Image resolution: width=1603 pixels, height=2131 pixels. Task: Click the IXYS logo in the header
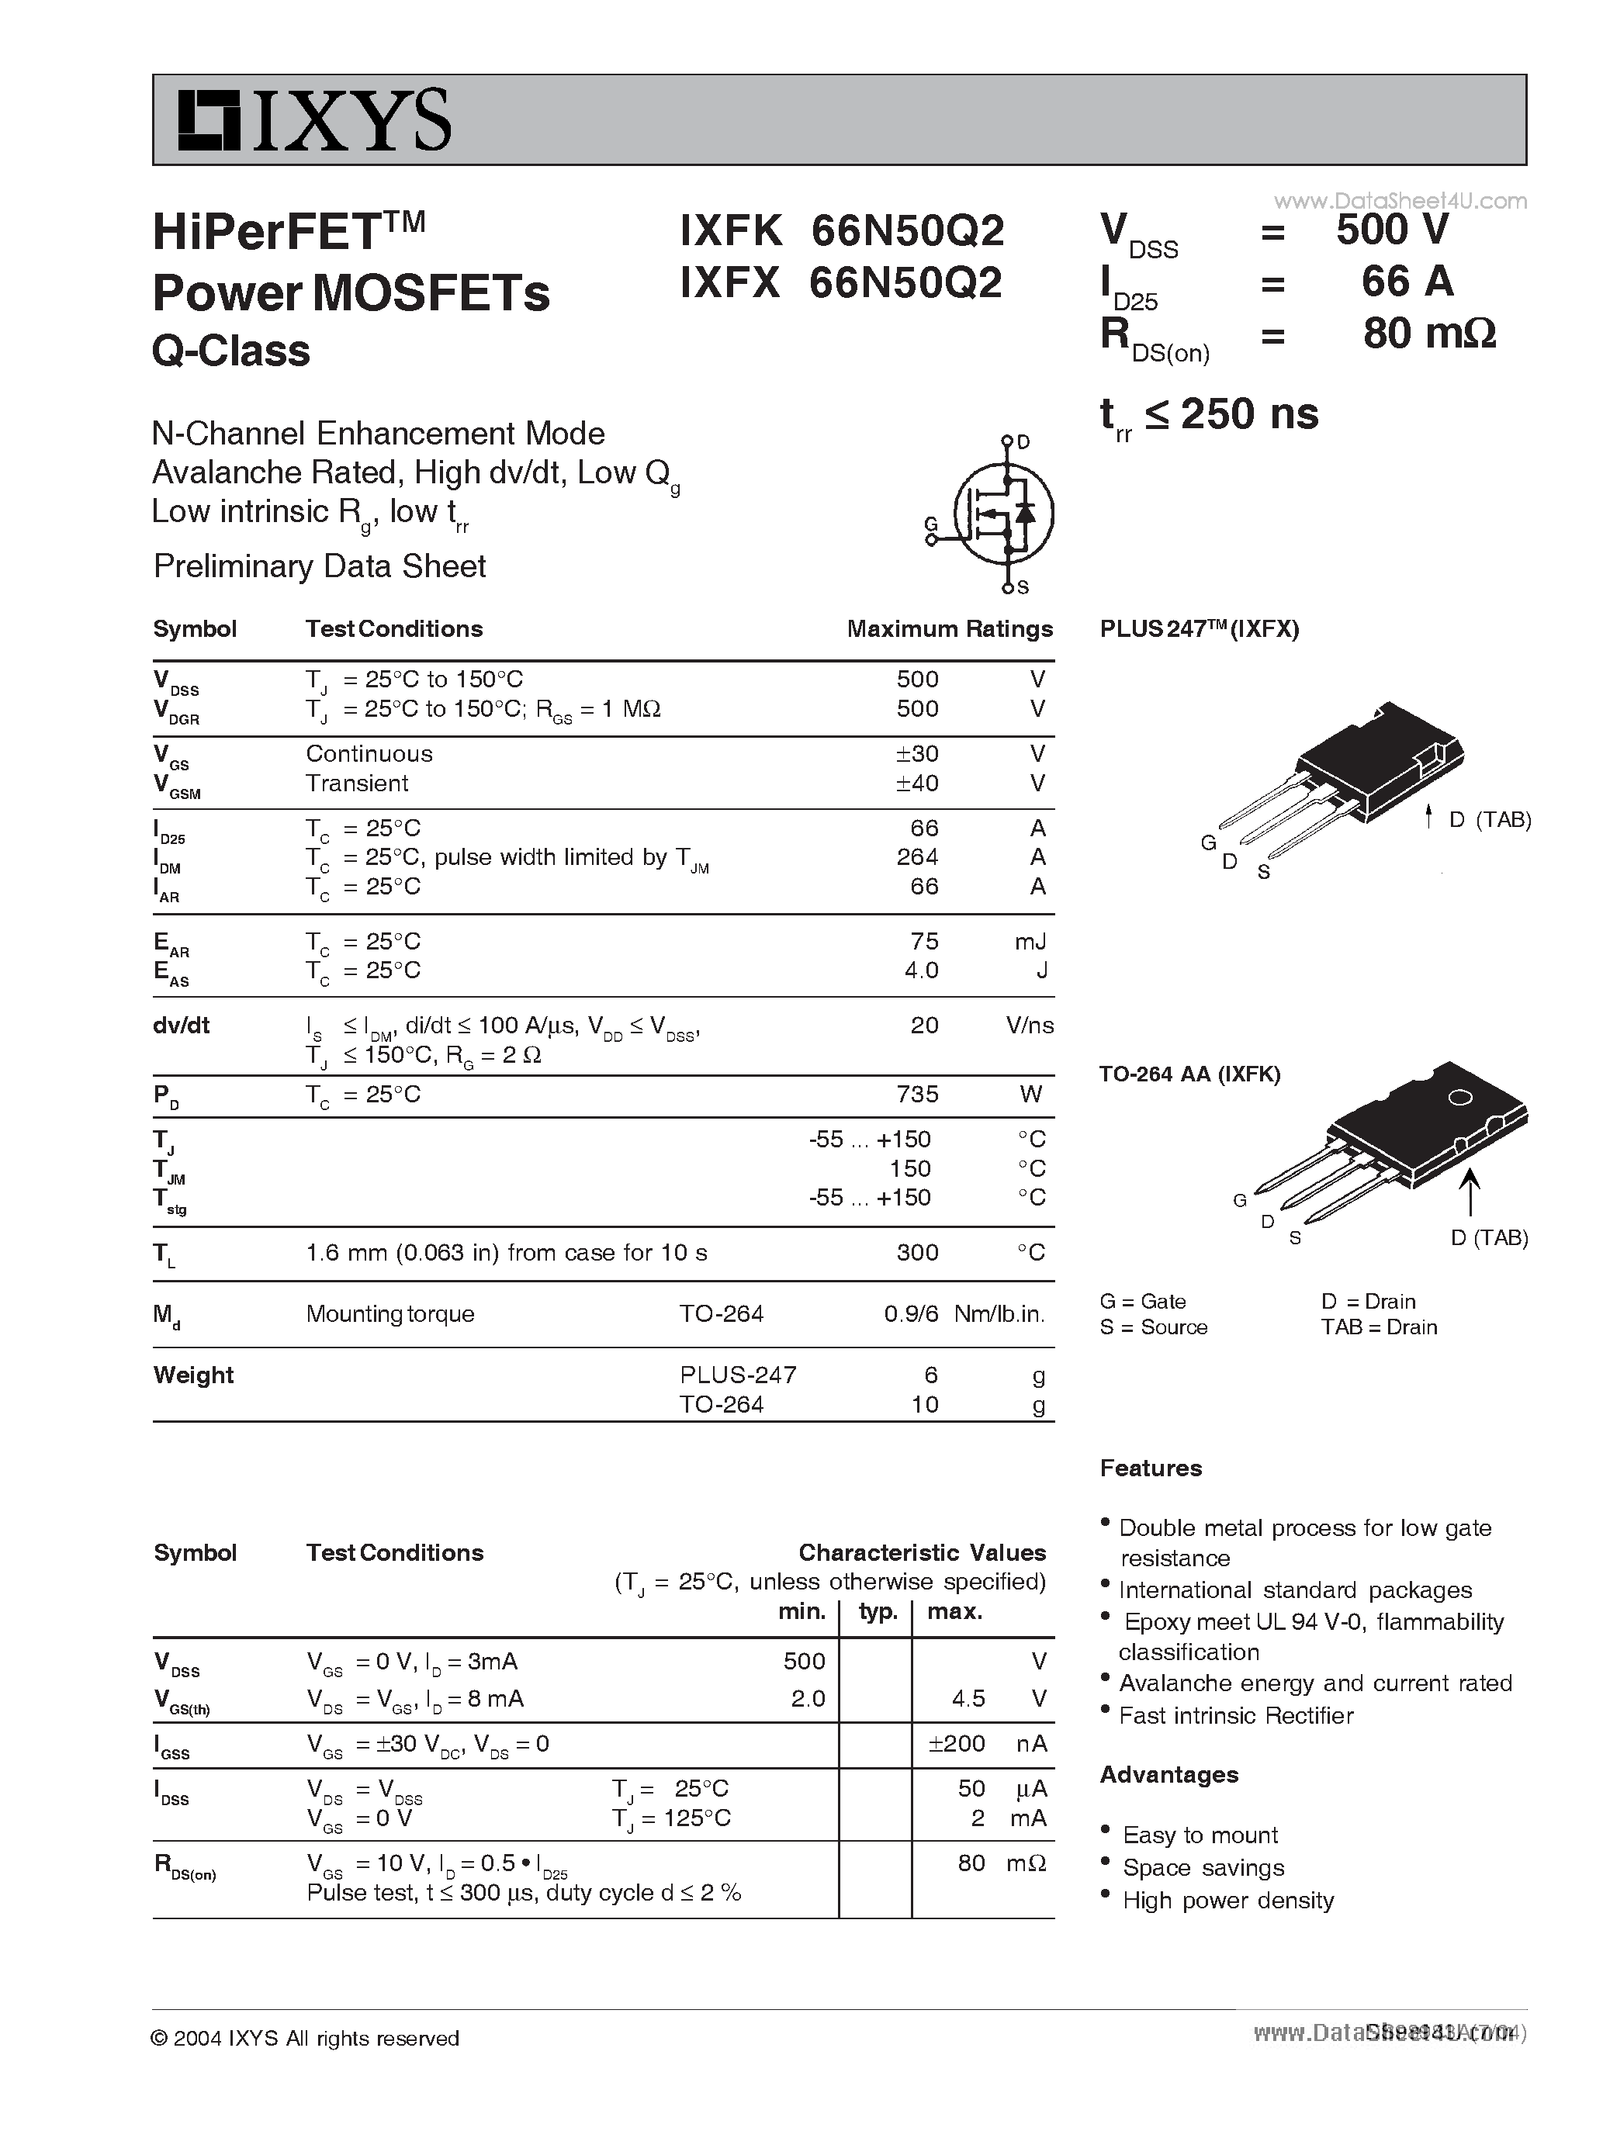[314, 120]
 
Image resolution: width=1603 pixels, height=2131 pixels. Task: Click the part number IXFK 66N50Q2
[841, 230]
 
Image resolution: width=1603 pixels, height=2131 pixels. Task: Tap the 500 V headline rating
[1392, 230]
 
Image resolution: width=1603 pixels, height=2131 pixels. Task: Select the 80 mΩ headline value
[1428, 334]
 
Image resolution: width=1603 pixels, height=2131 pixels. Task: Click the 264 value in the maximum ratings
[916, 856]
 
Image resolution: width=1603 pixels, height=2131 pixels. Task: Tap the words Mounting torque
[390, 1314]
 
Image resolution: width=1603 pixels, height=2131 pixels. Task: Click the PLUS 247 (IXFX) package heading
[1200, 629]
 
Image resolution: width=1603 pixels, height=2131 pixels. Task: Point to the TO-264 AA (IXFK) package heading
[1189, 1074]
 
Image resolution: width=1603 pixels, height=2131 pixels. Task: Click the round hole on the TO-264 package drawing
[1459, 1097]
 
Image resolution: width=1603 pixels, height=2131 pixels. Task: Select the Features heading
[1151, 1469]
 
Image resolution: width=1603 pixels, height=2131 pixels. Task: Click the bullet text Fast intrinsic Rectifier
[1236, 1716]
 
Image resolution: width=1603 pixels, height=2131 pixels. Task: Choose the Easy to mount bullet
[1200, 1835]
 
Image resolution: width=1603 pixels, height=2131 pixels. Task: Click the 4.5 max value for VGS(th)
[968, 1698]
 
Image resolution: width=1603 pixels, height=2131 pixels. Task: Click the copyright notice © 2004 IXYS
[306, 2039]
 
